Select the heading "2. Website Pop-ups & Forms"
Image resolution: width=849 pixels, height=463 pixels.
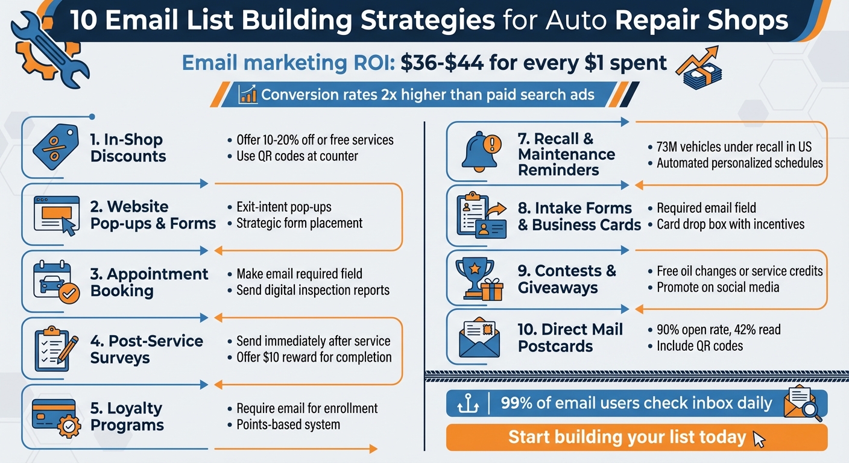click(153, 215)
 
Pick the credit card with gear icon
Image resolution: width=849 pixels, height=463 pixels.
click(56, 417)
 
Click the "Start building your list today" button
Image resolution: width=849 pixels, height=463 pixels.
click(636, 437)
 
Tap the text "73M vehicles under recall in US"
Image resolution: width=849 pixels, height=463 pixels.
click(734, 147)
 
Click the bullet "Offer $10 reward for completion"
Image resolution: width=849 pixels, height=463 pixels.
click(314, 357)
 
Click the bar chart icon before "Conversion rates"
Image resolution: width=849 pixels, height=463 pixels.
click(248, 95)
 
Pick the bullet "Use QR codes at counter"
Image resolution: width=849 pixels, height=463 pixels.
click(297, 156)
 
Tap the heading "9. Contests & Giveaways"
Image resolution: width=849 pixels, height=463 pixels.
click(567, 279)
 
